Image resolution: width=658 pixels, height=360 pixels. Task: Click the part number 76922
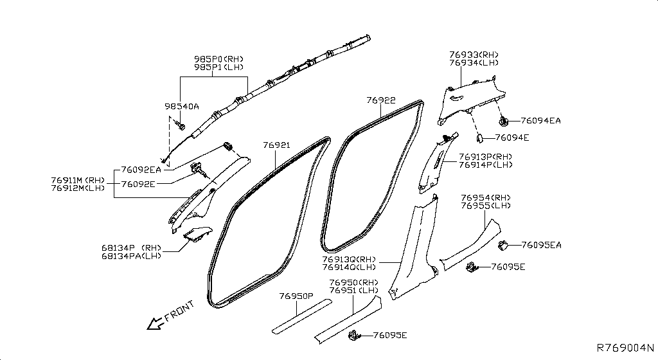pos(380,100)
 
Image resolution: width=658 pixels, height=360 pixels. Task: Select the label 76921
pos(276,145)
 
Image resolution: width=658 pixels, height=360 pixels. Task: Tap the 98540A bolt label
pos(182,107)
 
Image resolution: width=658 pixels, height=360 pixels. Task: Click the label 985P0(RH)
pos(218,59)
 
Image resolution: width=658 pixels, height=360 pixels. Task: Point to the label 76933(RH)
pos(474,55)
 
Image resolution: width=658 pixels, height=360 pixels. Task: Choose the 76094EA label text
pos(540,121)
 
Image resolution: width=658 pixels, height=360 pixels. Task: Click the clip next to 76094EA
pos(503,122)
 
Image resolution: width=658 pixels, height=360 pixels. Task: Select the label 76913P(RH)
pos(486,157)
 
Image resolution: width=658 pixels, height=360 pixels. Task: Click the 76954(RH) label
pos(486,198)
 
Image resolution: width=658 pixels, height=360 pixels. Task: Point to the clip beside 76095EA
pos(503,246)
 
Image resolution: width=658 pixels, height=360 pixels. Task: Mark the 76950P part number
pos(296,296)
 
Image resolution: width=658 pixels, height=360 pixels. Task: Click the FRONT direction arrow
pos(155,323)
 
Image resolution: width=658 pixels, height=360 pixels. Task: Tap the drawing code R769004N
pos(625,348)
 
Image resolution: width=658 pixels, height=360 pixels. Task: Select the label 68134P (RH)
pos(131,248)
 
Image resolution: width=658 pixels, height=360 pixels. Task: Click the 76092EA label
pos(141,170)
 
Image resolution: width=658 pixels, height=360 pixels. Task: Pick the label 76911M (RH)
pos(78,181)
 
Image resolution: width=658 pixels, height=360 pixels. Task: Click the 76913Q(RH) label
pos(349,260)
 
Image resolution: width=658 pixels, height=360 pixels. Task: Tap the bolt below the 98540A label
pos(181,125)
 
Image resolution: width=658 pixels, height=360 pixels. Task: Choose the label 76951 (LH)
pos(354,291)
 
